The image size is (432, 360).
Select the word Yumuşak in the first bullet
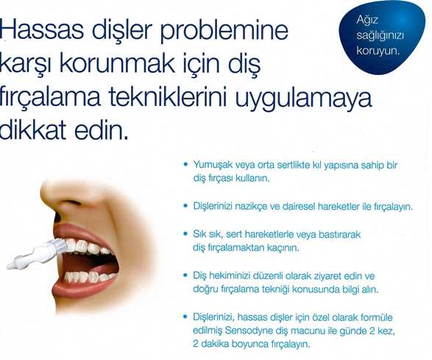point(213,164)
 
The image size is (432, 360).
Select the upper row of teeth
point(88,246)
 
